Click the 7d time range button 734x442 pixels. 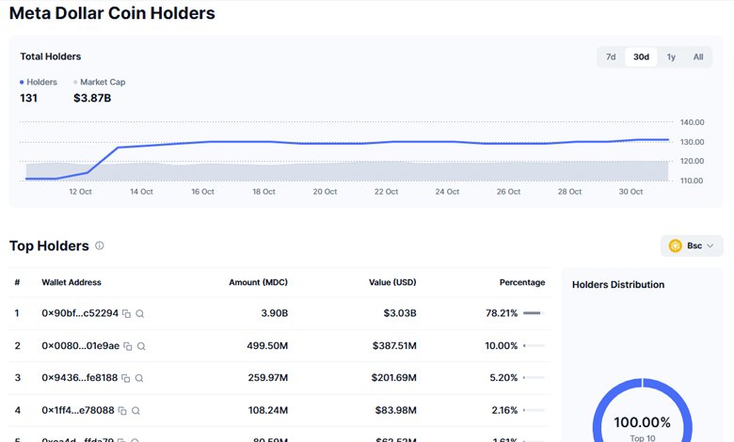pos(611,57)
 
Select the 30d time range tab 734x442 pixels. pos(641,57)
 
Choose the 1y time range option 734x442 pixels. pos(671,57)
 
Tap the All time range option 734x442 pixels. pos(698,57)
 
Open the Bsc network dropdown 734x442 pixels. pos(692,245)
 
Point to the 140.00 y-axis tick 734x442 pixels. pos(692,122)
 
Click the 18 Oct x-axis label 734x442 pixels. pos(263,191)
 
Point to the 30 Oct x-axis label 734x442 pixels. pos(630,191)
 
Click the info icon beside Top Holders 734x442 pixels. pos(100,245)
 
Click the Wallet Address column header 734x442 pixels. pos(72,282)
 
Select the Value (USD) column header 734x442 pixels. pos(393,282)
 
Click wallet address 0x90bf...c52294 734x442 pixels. pos(80,313)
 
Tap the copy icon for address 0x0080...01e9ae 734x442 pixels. pos(127,346)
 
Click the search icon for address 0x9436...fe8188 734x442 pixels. pos(139,378)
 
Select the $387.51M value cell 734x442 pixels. pos(391,345)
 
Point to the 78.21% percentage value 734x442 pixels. pos(500,313)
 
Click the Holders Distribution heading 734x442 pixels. pos(618,284)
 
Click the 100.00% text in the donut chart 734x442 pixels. pos(642,422)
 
